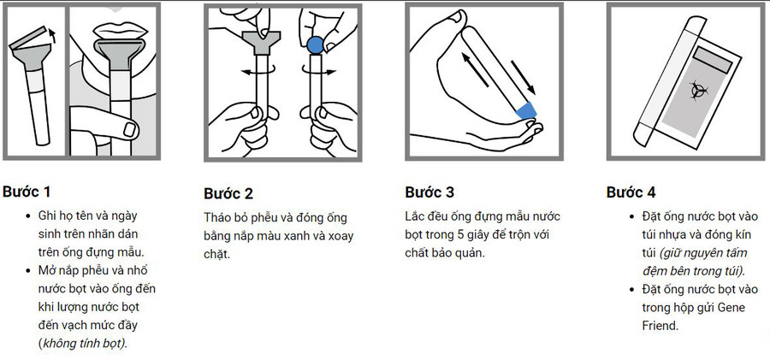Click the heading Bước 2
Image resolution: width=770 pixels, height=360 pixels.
click(x=228, y=192)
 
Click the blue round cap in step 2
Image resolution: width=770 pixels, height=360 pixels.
click(x=314, y=43)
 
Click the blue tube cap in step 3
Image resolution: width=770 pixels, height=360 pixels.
click(x=525, y=109)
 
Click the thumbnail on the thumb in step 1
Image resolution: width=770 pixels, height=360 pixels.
click(x=128, y=128)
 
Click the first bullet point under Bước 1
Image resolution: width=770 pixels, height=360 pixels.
click(x=28, y=215)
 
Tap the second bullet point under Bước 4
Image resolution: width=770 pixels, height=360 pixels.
click(x=631, y=290)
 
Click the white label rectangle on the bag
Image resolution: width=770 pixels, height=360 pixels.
click(x=712, y=59)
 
